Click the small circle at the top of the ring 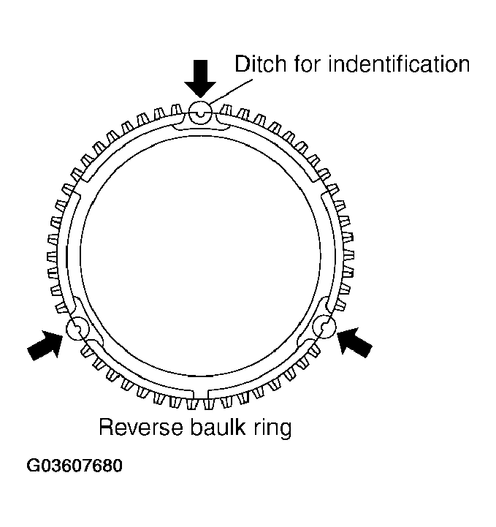pos(200,113)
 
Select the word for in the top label pos(302,64)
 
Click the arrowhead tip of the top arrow pos(199,96)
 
